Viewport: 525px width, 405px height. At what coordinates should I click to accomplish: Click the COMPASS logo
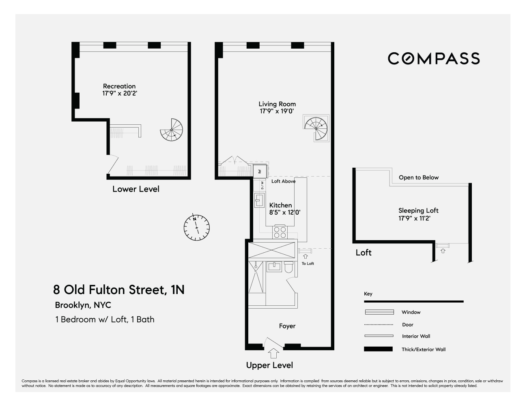pos(434,59)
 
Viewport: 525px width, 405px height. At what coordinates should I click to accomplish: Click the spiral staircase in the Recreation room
pos(172,130)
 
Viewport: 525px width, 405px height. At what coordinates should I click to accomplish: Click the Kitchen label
pos(281,205)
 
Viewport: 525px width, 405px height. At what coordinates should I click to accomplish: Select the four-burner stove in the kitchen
pos(280,232)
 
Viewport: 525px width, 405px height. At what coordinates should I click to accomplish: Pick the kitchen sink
pos(259,200)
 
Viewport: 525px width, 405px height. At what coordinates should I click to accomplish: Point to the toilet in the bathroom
pos(289,267)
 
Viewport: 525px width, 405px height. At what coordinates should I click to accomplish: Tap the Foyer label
pos(287,326)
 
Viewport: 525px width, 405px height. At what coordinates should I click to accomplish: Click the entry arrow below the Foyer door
pos(274,353)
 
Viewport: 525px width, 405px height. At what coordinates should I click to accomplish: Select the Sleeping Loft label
pos(418,211)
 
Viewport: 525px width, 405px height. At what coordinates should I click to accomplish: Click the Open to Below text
pos(419,177)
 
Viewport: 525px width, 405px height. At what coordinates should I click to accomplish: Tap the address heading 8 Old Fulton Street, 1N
pos(119,290)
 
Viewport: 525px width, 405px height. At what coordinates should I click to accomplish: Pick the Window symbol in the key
pos(379,312)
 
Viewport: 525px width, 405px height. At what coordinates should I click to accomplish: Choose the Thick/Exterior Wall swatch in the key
pos(378,349)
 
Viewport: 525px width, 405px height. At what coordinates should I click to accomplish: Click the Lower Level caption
pos(136,189)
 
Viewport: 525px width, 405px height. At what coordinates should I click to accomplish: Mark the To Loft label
pos(308,264)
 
